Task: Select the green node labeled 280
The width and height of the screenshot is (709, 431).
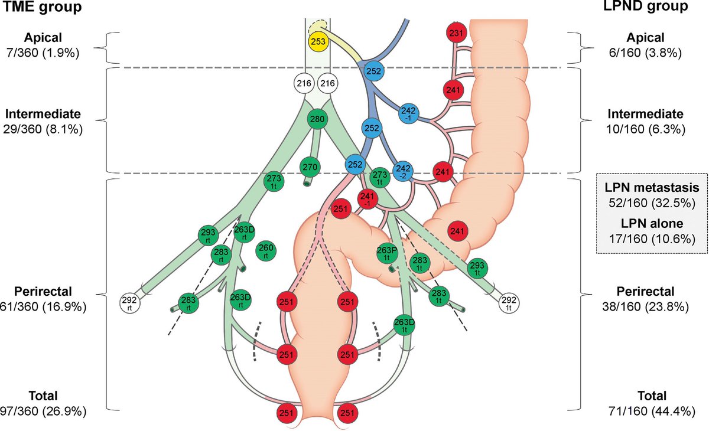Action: tap(318, 119)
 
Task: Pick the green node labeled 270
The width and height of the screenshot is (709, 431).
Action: tap(311, 168)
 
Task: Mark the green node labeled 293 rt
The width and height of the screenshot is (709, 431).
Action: tap(209, 235)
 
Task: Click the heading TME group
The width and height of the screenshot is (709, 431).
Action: tap(41, 8)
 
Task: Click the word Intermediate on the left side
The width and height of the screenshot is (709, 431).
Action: tap(47, 113)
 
